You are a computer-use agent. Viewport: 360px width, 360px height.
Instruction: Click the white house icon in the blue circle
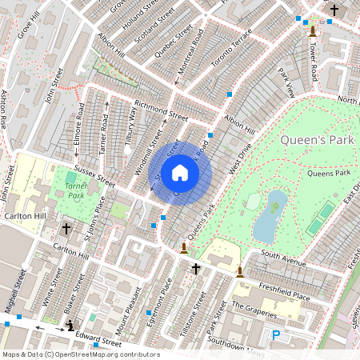[180, 173]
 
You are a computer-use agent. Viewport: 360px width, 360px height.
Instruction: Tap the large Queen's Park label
[317, 140]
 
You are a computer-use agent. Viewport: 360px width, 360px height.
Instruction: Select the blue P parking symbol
[276, 336]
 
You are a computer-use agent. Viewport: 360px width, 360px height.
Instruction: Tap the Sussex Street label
[95, 177]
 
